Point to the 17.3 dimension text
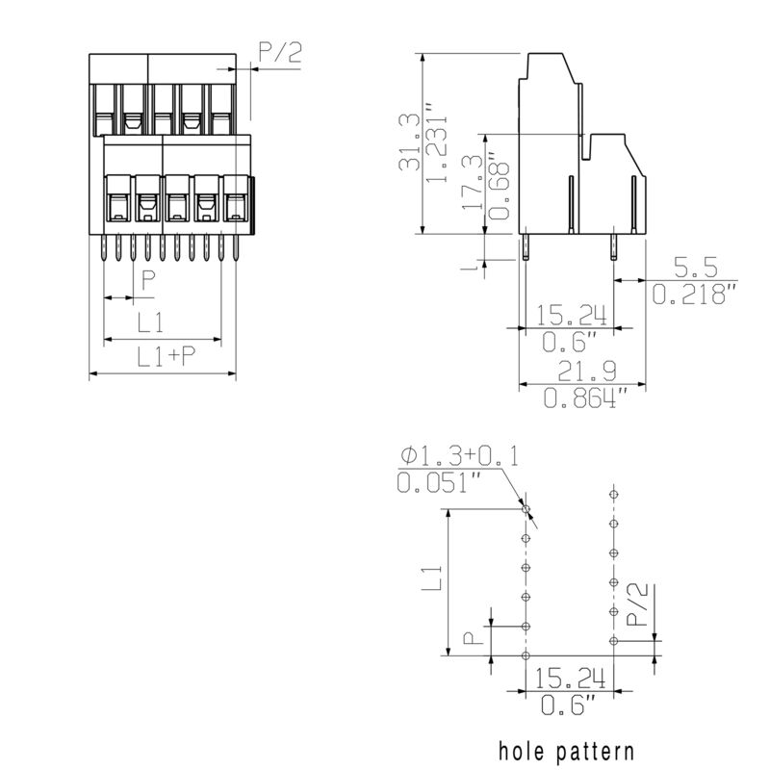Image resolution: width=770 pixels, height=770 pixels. [472, 183]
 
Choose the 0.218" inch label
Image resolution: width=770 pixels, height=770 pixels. [694, 294]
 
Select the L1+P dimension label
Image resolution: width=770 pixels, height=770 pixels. [165, 357]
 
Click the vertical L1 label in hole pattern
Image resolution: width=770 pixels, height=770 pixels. [432, 578]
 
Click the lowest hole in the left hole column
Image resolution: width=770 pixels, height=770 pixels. [526, 655]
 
